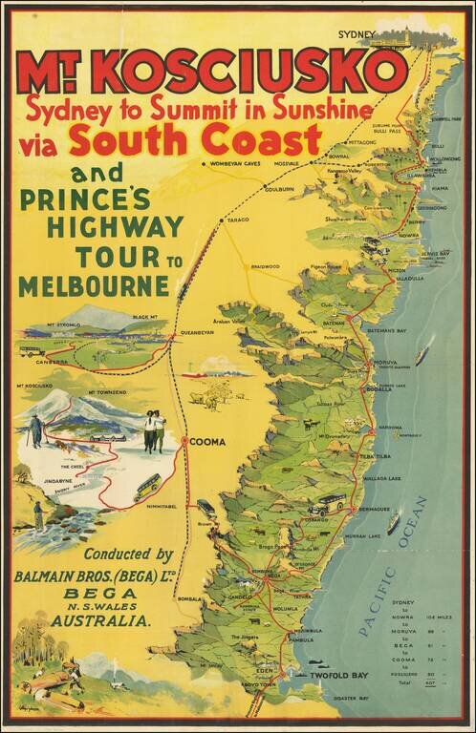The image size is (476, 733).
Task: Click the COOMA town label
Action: pos(208,442)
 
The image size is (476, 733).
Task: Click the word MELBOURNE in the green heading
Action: pos(93,285)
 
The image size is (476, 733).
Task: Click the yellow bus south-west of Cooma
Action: pos(147,488)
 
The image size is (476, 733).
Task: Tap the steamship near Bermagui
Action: pos(394,522)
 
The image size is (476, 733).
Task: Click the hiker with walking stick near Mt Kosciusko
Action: pos(35,430)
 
